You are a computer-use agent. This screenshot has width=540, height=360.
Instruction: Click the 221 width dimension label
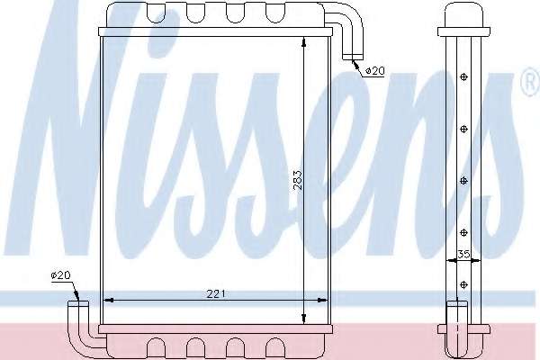pos(216,294)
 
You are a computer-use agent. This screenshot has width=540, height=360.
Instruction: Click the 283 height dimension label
pos(298,179)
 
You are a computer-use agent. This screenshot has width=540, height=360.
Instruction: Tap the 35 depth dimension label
pos(463,254)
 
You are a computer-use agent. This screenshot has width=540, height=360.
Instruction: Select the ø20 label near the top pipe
pos(374,71)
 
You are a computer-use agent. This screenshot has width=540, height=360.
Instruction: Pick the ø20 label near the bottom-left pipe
pos(60,274)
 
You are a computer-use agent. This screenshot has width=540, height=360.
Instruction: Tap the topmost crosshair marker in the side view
pos(463,77)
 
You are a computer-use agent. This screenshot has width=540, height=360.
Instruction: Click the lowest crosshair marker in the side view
pos(463,284)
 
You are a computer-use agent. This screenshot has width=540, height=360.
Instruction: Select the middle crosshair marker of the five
pos(463,181)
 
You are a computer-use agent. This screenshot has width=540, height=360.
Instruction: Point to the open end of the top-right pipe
pos(352,58)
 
